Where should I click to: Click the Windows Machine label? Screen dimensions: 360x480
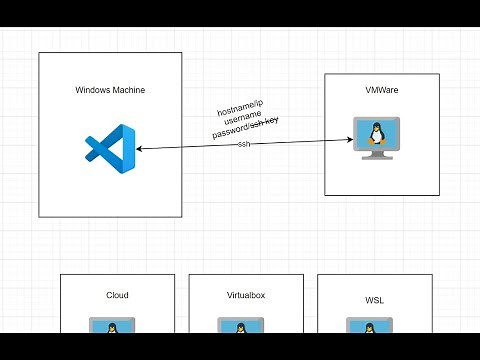point(110,90)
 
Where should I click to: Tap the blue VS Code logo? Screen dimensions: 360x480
point(110,149)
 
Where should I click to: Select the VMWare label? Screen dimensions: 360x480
point(382,90)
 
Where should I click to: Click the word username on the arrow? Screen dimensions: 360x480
point(244,120)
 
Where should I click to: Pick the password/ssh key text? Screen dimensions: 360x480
point(246,131)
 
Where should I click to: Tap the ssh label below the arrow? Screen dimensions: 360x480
point(245,144)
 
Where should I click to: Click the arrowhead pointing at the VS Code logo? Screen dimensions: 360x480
point(139,149)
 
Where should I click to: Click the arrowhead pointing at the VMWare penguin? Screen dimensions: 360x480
point(353,140)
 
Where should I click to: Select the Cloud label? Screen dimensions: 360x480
point(117,296)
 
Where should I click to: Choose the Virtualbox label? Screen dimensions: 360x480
point(246,296)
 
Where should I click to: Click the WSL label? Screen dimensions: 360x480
point(374,298)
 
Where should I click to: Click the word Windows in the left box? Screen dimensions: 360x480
point(93,90)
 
